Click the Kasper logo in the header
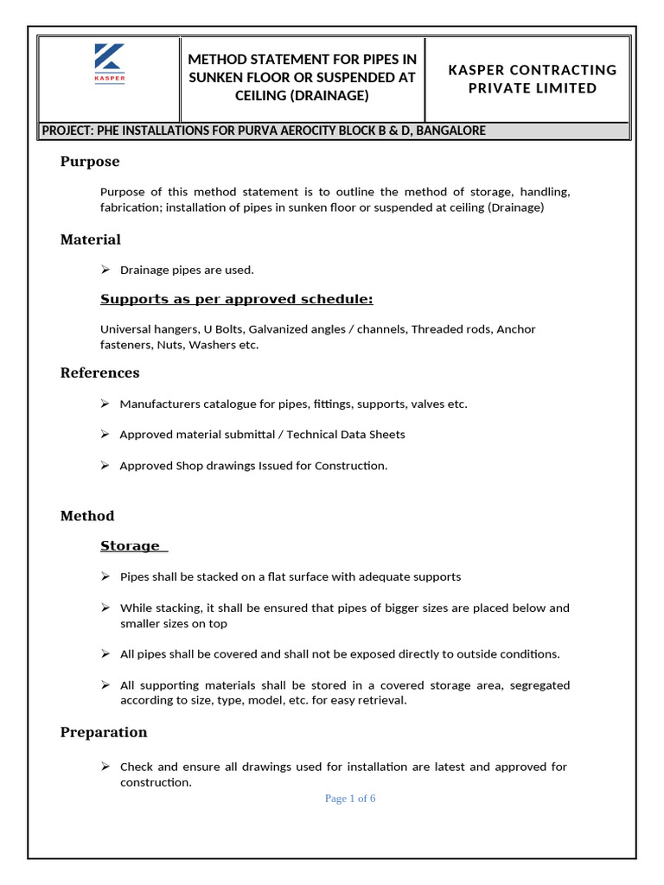coord(109,64)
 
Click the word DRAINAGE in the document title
coord(331,96)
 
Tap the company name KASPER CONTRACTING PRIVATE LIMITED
coord(532,79)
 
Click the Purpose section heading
coord(90,162)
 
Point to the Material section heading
coord(91,239)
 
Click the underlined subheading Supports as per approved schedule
coord(236,299)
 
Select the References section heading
coord(99,372)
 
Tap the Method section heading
coord(87,516)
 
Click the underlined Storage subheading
coord(131,545)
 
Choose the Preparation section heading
coord(104,732)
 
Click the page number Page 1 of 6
coord(350,799)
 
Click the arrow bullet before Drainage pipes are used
coord(105,270)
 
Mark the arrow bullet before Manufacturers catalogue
coord(105,404)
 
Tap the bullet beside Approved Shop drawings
coord(105,465)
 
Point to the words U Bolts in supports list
coord(227,329)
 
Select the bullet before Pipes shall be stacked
coord(105,576)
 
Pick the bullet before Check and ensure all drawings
coord(105,767)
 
